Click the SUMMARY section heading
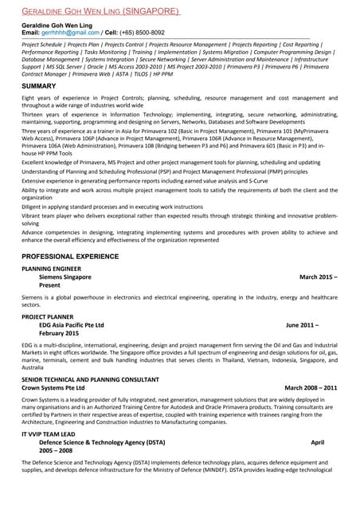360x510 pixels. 38,85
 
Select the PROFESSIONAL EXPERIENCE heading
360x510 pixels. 70,257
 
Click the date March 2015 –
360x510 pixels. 318,277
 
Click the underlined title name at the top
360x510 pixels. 100,12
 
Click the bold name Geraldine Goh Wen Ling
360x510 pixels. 61,25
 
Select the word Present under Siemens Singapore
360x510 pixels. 49,285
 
